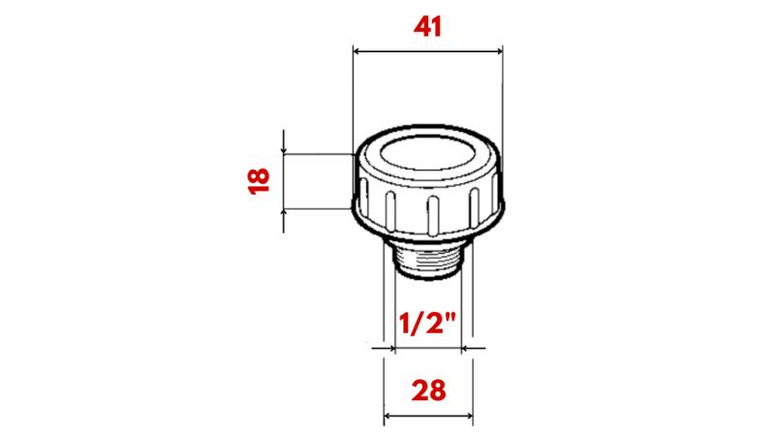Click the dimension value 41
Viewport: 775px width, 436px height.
tap(427, 26)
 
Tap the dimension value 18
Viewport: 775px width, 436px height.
tap(257, 180)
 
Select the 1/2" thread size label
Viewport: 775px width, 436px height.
tap(426, 323)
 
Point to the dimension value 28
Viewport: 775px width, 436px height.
tap(428, 390)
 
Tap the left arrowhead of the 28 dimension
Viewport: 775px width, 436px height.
tap(390, 418)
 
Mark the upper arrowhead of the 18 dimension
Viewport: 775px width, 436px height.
tap(284, 150)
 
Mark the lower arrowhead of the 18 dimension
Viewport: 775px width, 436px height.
tap(284, 210)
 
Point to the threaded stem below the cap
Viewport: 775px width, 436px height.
tap(426, 260)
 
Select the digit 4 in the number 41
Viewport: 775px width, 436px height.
tap(419, 26)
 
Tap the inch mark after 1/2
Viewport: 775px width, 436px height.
tap(451, 315)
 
